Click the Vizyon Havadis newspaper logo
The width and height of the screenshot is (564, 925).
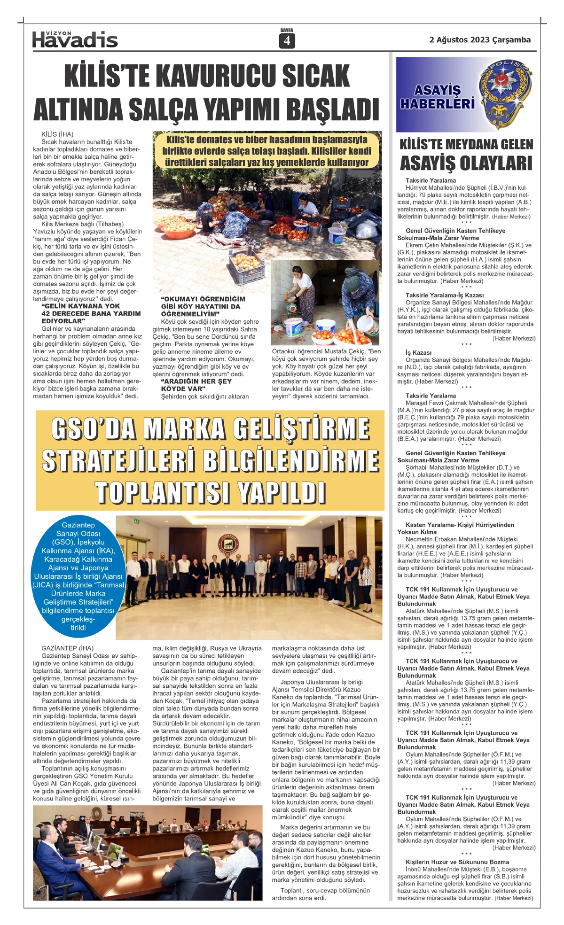pos(75,39)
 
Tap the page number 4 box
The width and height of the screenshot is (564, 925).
pos(287,41)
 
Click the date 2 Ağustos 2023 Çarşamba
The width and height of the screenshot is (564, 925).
pos(479,40)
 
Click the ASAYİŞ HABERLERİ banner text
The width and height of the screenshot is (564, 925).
pos(437,97)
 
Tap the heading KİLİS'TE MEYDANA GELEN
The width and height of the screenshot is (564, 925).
pos(466,145)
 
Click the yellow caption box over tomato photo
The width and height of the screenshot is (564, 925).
pos(266,151)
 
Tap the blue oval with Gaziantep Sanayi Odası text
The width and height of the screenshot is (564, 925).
pos(78,576)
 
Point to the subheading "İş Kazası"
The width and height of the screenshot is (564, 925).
pos(418,353)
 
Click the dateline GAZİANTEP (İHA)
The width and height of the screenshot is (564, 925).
pos(67,648)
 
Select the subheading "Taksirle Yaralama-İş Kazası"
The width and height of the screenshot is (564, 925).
pos(445,295)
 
